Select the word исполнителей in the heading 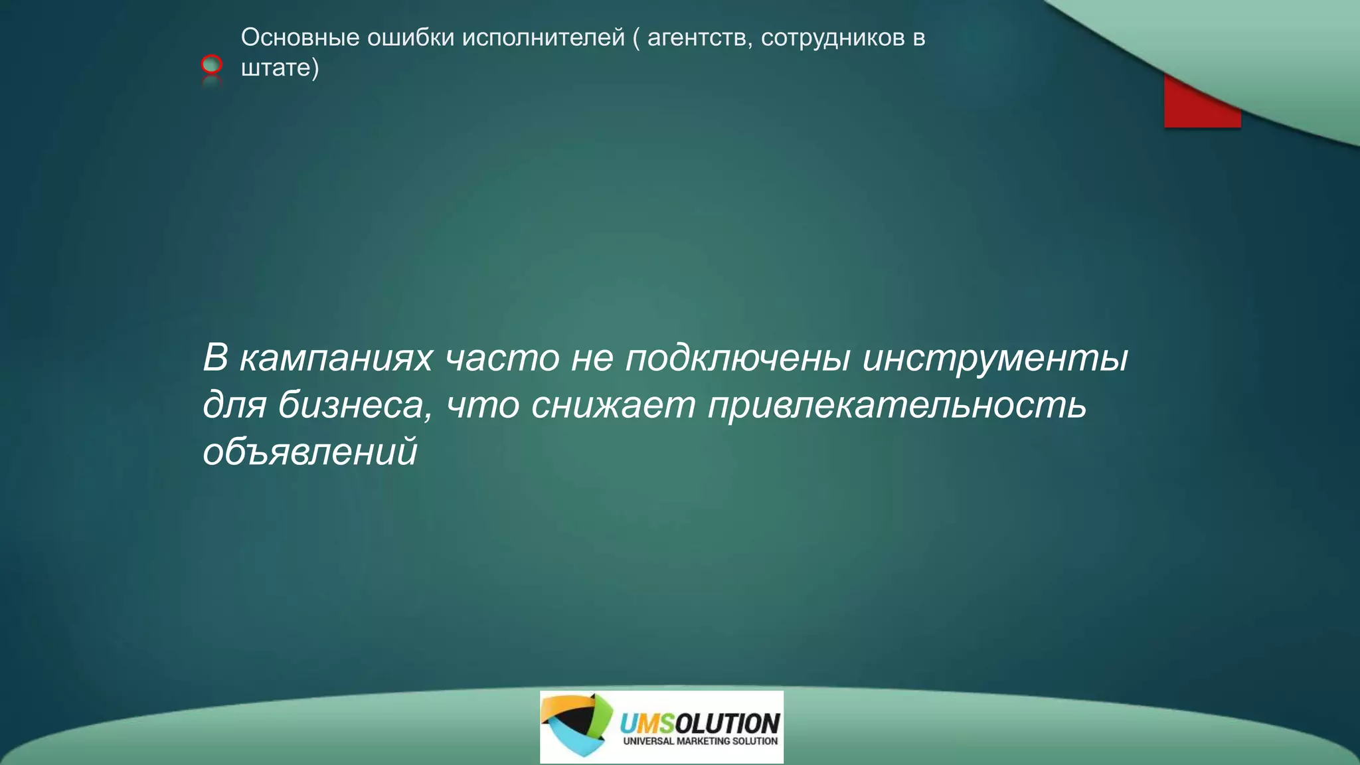[x=543, y=38]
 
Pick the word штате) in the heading [x=280, y=68]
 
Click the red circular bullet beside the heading [x=212, y=64]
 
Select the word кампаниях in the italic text [x=336, y=358]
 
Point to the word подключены [x=737, y=358]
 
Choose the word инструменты [x=995, y=358]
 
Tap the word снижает [x=613, y=405]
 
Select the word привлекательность [x=896, y=405]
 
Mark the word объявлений [x=310, y=452]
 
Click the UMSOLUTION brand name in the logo [x=699, y=722]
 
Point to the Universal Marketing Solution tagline [x=700, y=741]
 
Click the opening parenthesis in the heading [x=636, y=38]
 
